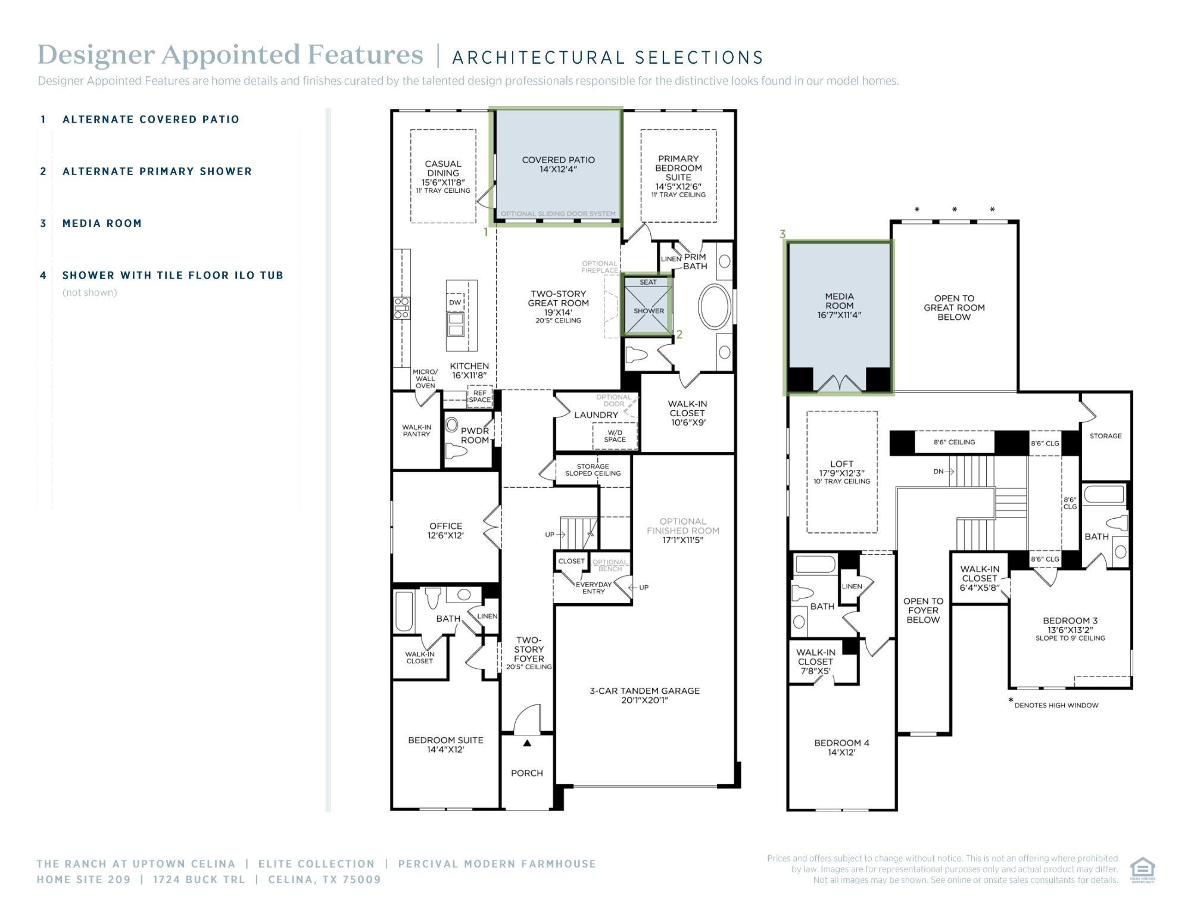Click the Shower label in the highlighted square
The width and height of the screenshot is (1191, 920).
pyautogui.click(x=648, y=311)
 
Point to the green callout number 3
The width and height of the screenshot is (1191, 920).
pyautogui.click(x=782, y=235)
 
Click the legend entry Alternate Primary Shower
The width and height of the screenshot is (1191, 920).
pyautogui.click(x=157, y=171)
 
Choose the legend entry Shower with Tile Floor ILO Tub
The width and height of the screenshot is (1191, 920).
pyautogui.click(x=173, y=275)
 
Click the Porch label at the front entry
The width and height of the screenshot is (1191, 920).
pyautogui.click(x=527, y=773)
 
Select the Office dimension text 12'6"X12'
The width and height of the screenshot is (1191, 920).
pyautogui.click(x=445, y=535)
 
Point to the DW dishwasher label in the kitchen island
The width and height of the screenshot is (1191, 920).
pyautogui.click(x=455, y=302)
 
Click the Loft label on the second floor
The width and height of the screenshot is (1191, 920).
pyautogui.click(x=841, y=464)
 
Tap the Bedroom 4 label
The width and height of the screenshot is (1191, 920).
pyautogui.click(x=841, y=743)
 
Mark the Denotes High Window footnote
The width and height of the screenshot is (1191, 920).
pyautogui.click(x=1056, y=705)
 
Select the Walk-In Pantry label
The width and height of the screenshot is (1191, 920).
pyautogui.click(x=416, y=431)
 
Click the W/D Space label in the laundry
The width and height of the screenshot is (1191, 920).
pyautogui.click(x=615, y=436)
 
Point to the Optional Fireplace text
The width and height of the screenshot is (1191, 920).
pyautogui.click(x=600, y=267)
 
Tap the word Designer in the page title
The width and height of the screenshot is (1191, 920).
pyautogui.click(x=96, y=55)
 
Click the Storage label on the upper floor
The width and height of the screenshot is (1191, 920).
pyautogui.click(x=1105, y=436)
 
